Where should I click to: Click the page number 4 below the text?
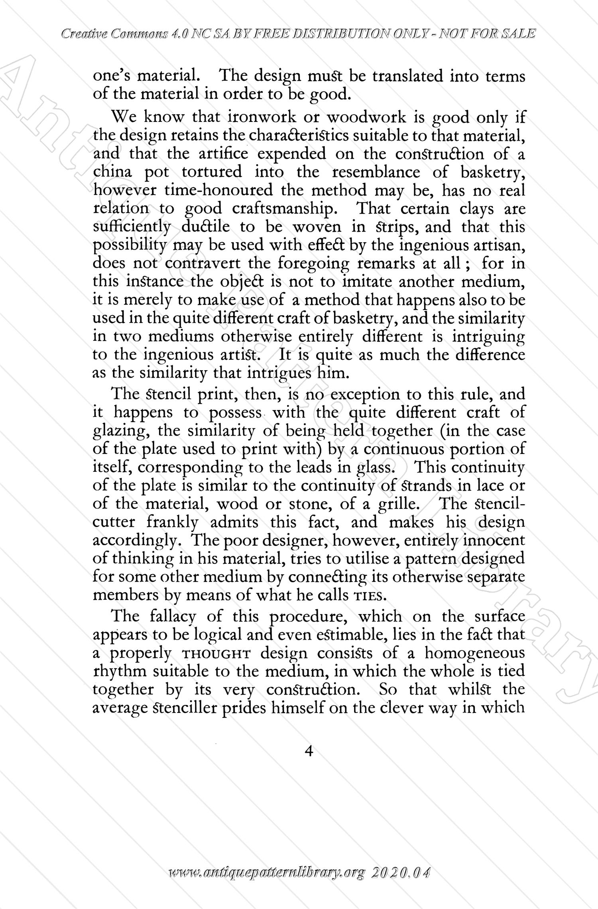coord(308,751)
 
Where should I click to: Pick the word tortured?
coord(211,172)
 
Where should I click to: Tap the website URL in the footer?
coord(267,883)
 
